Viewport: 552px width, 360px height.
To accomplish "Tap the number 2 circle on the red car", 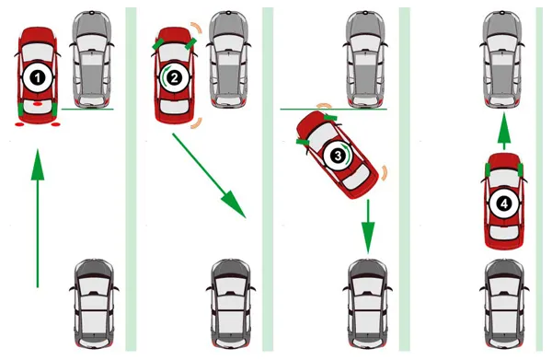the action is tap(174, 78).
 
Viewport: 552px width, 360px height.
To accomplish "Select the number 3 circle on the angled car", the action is tap(338, 156).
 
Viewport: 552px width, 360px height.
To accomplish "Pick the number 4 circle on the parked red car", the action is tap(504, 203).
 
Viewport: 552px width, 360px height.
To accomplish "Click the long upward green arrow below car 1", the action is tap(38, 218).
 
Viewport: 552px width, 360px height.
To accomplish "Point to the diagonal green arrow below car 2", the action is tap(209, 176).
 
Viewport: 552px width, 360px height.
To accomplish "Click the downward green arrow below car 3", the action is tap(368, 226).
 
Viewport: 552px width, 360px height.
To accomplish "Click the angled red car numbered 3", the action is tap(338, 155).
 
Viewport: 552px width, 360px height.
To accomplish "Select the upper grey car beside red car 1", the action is tap(92, 59).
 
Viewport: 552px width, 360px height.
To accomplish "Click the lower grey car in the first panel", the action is tap(94, 304).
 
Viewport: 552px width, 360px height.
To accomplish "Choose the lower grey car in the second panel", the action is tap(231, 304).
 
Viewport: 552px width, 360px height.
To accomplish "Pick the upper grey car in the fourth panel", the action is tap(502, 59).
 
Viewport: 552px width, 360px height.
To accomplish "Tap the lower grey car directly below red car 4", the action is tap(504, 304).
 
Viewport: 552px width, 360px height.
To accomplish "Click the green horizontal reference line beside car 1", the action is tap(87, 110).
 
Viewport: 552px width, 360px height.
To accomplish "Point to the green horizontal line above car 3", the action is tap(333, 110).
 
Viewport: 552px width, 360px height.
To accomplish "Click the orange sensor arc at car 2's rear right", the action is tap(197, 123).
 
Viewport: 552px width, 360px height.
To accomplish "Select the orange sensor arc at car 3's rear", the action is tap(384, 173).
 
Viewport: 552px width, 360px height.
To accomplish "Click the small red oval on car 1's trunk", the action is tap(38, 104).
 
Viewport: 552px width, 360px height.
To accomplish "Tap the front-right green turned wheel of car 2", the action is tap(190, 43).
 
